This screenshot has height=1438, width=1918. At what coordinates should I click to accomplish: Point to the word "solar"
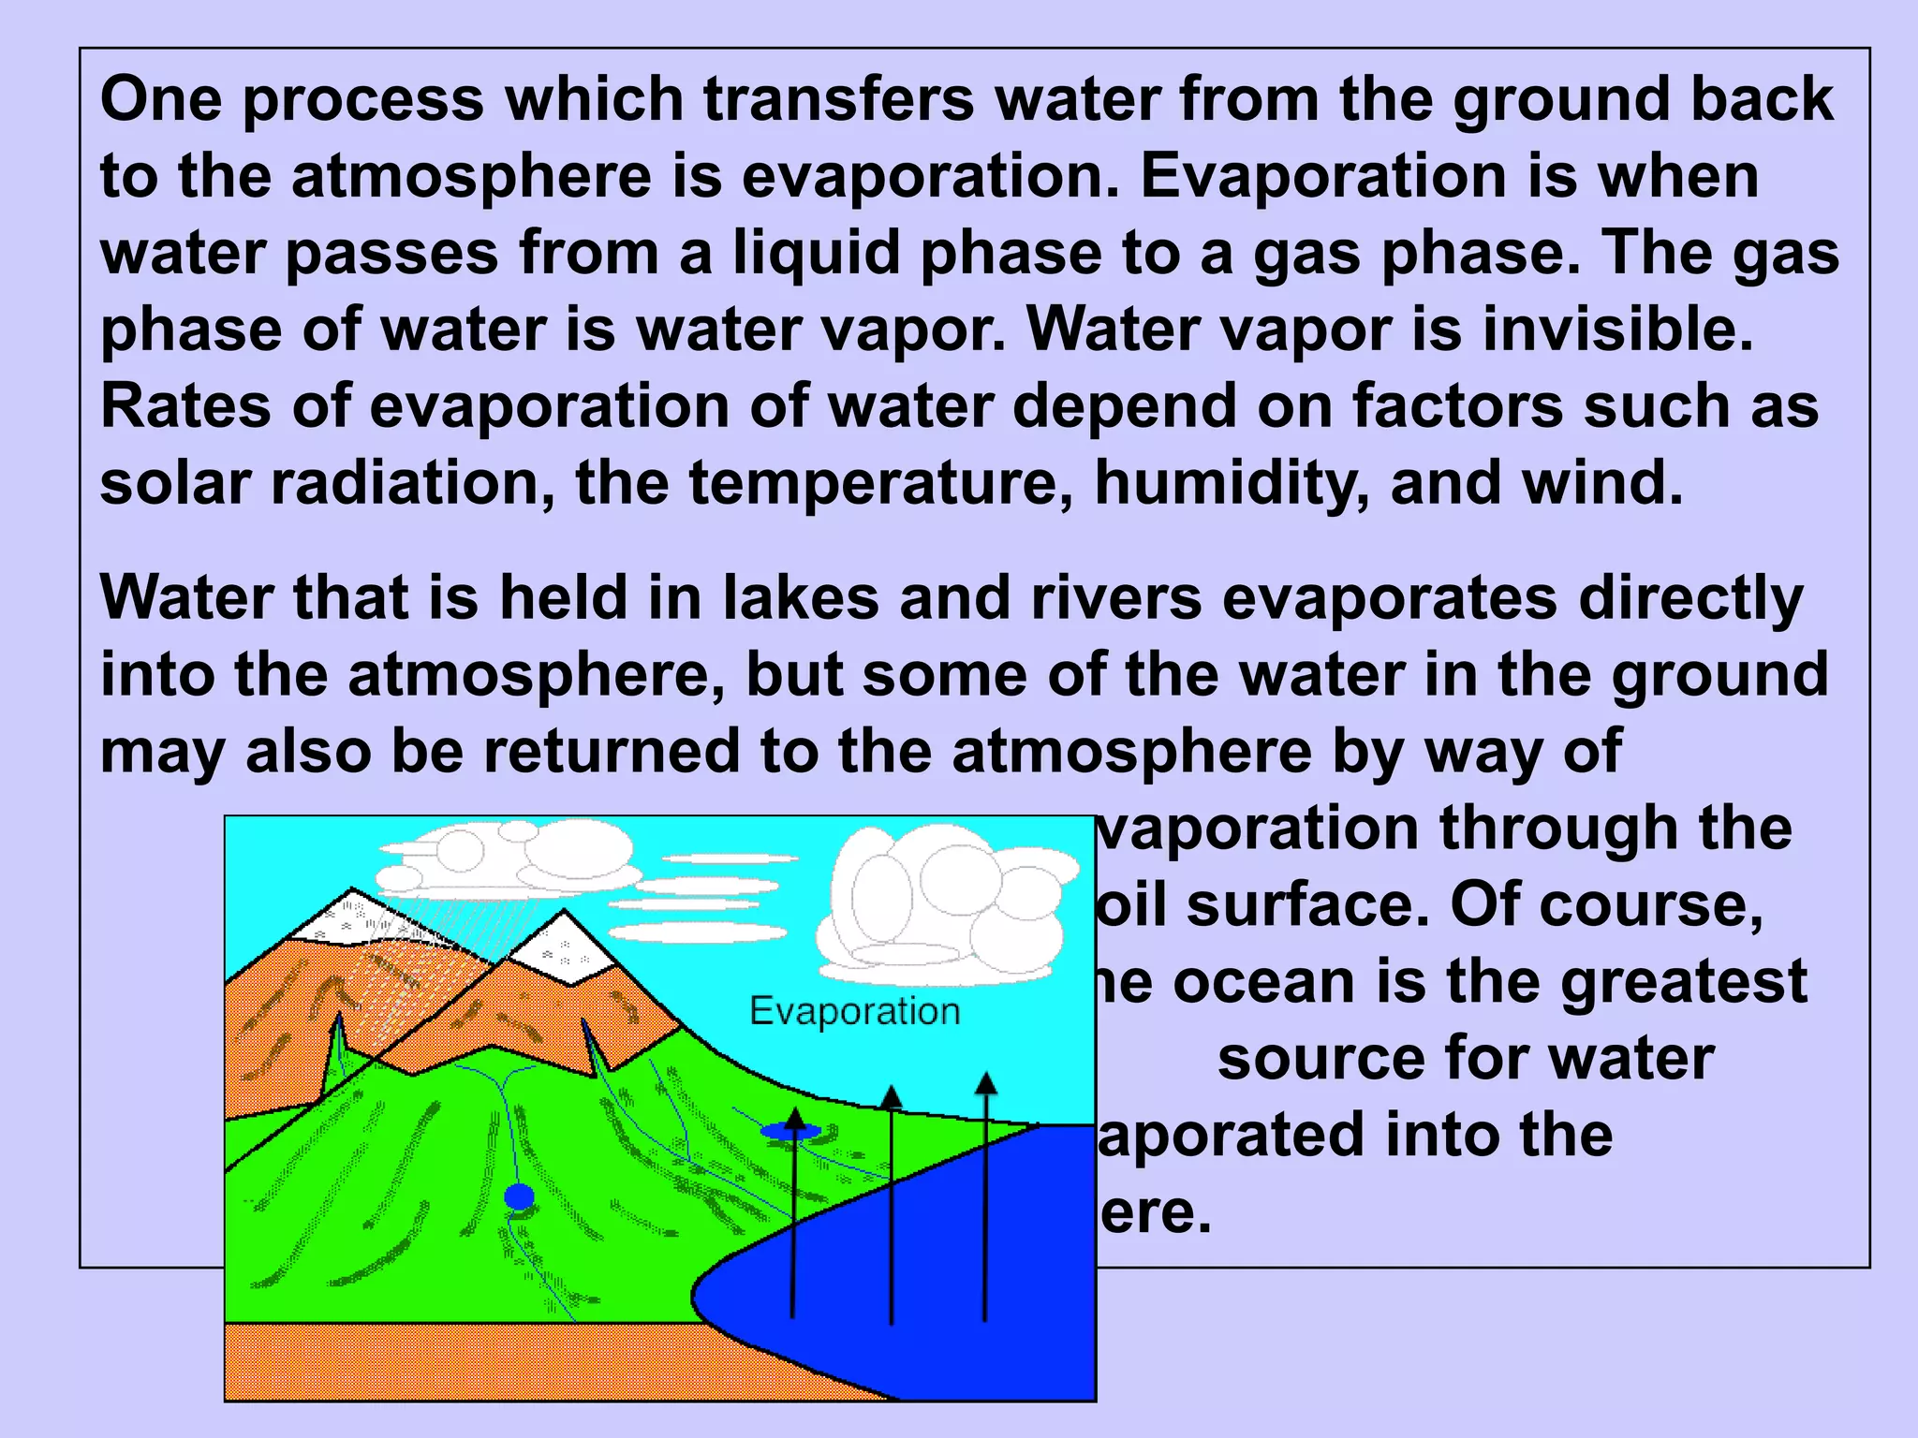(x=175, y=483)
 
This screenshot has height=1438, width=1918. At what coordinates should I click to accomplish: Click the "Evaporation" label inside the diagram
(x=855, y=1011)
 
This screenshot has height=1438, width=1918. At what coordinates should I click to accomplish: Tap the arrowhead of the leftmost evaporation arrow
(x=794, y=1117)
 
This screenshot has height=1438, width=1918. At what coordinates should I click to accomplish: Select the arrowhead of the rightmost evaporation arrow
(x=985, y=1084)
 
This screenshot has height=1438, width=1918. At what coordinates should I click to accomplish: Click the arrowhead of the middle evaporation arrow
(x=892, y=1096)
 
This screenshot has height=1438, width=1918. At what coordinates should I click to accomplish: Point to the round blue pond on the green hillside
(x=519, y=1196)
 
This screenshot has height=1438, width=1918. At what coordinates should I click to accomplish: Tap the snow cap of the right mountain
(x=560, y=946)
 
